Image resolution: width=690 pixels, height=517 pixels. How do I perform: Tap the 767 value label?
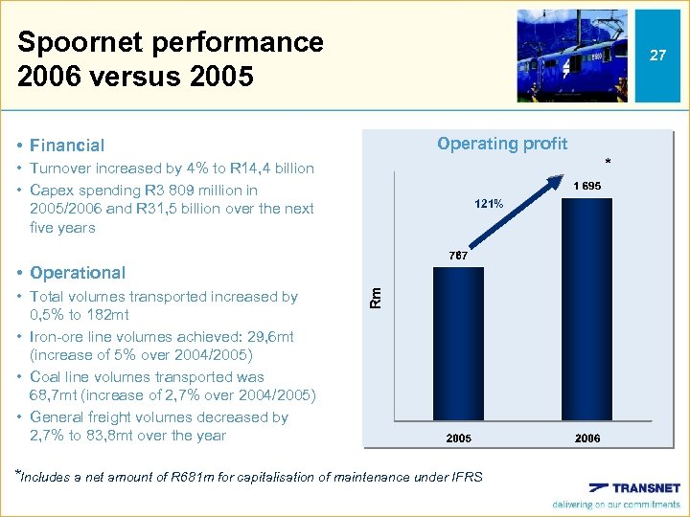[458, 257]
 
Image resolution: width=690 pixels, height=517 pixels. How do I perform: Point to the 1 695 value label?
[587, 186]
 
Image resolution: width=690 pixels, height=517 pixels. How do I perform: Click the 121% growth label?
[489, 204]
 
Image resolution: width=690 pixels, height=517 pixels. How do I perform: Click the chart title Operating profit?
[502, 144]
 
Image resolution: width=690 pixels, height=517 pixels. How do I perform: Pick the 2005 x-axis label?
[458, 438]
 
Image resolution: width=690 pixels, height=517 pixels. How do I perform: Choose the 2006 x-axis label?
[587, 438]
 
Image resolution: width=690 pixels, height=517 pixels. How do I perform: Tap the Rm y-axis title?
[377, 298]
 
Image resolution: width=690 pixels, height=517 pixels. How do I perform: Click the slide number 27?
[657, 56]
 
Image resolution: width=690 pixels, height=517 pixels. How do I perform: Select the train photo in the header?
[572, 56]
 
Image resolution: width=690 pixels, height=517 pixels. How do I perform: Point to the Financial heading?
[67, 146]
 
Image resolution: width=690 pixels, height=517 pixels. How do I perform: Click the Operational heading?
[78, 273]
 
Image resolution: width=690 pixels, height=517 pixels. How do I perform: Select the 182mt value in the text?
[105, 315]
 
